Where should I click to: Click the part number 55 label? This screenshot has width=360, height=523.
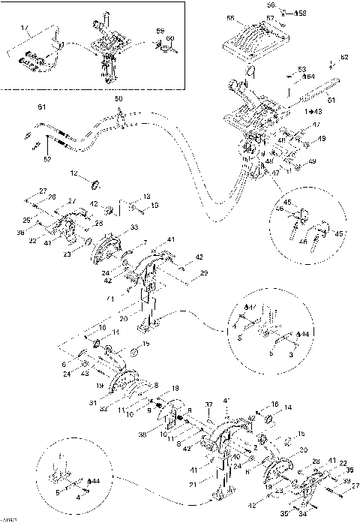[230, 18]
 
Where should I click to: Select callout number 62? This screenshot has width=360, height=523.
[344, 57]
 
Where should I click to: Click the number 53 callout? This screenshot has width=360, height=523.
[301, 68]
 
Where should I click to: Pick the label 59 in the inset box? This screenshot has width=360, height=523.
[160, 31]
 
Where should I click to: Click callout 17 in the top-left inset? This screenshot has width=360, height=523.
[24, 29]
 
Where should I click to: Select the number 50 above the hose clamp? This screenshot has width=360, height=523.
[117, 99]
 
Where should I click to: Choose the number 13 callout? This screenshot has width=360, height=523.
[147, 196]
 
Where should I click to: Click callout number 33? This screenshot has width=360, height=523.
[134, 227]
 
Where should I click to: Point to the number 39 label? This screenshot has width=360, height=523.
[346, 481]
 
